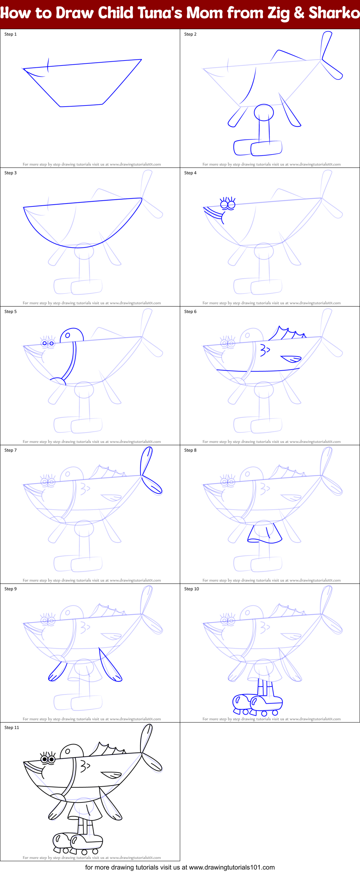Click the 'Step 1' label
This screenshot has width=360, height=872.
[10, 34]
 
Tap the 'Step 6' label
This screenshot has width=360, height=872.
[190, 312]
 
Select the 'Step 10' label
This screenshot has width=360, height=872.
[191, 589]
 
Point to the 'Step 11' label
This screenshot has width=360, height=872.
[12, 728]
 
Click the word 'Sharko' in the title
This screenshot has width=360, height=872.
[334, 13]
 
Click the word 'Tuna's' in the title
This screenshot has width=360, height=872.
[158, 13]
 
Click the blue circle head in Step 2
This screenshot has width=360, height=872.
[264, 112]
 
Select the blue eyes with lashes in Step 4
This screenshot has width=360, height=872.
[228, 204]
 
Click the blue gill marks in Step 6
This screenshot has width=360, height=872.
[265, 350]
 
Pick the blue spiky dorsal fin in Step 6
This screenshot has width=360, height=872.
[287, 334]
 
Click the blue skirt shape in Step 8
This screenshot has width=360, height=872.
[265, 533]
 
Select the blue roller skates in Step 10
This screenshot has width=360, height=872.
[257, 705]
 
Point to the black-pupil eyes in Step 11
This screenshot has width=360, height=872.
[48, 760]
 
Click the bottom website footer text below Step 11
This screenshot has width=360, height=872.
[180, 867]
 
